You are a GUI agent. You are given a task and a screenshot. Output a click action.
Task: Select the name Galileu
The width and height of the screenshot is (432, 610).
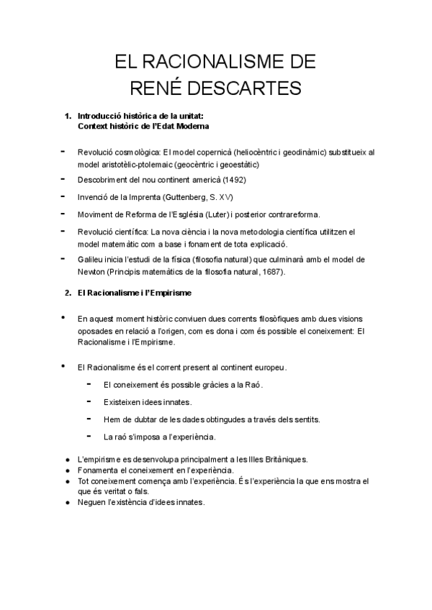click(92, 259)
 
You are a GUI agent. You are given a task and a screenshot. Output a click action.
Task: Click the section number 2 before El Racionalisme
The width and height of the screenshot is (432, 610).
click(68, 293)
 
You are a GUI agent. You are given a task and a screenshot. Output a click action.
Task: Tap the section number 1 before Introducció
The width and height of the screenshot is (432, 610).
click(68, 115)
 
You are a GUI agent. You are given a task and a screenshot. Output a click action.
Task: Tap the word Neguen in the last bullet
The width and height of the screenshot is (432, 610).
click(91, 502)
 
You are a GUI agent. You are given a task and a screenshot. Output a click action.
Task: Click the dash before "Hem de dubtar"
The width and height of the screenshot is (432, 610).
click(89, 417)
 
